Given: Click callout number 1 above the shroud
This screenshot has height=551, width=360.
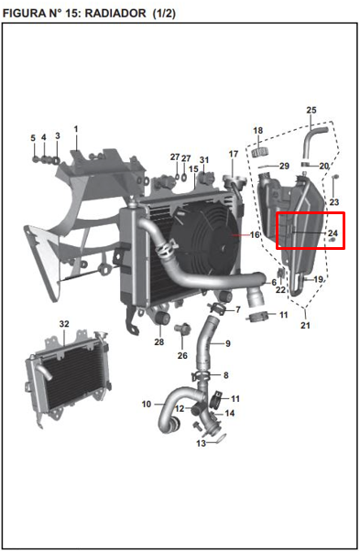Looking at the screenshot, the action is pyautogui.click(x=76, y=128).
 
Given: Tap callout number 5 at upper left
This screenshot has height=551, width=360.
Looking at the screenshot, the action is pyautogui.click(x=33, y=138).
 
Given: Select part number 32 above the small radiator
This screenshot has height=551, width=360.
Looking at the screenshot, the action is pyautogui.click(x=63, y=324).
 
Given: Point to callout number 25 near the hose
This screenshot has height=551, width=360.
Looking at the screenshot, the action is pyautogui.click(x=311, y=111).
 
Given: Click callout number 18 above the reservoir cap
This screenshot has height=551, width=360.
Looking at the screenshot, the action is pyautogui.click(x=257, y=131).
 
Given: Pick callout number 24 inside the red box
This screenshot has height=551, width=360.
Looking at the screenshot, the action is pyautogui.click(x=333, y=234).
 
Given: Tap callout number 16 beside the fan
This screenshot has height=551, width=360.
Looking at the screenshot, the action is pyautogui.click(x=255, y=235).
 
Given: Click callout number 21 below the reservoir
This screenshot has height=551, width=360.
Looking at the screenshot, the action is pyautogui.click(x=305, y=325).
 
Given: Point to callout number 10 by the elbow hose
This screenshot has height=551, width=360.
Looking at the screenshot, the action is pyautogui.click(x=146, y=404).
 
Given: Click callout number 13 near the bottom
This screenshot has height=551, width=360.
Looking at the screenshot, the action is pyautogui.click(x=201, y=443).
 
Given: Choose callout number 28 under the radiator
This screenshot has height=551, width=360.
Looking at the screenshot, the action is pyautogui.click(x=158, y=342).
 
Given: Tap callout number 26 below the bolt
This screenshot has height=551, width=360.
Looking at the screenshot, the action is pyautogui.click(x=182, y=355).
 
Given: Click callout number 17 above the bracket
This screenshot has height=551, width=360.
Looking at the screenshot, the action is pyautogui.click(x=234, y=153).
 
